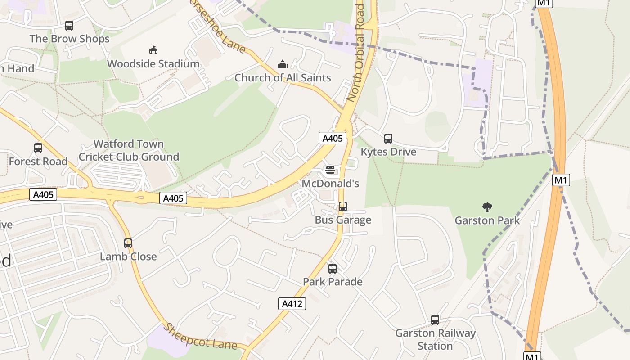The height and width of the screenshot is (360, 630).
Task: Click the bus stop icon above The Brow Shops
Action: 69,26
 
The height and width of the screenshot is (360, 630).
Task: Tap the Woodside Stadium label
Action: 153,64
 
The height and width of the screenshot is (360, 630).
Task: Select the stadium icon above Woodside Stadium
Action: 153,50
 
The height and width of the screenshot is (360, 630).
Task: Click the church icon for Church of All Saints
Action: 283,64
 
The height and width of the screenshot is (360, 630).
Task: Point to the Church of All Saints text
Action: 283,78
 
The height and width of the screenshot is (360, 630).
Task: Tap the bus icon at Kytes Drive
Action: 388,139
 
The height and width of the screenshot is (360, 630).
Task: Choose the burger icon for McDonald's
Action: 330,170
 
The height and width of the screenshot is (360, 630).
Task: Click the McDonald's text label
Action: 330,184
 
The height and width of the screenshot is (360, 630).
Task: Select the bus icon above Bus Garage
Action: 343,207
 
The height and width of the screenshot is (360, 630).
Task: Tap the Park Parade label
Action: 333,282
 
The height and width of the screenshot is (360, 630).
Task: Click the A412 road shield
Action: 292,304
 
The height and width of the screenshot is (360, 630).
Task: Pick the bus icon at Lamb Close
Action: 128,243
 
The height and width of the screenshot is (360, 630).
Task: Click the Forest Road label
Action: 38,162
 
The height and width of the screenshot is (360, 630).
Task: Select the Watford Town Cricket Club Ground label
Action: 129,150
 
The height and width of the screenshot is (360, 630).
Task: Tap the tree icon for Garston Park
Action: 487,207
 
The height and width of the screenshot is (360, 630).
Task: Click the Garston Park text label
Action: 487,220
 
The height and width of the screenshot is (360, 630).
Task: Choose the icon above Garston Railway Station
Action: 435,320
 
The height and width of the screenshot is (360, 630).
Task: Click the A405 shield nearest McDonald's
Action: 333,138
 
